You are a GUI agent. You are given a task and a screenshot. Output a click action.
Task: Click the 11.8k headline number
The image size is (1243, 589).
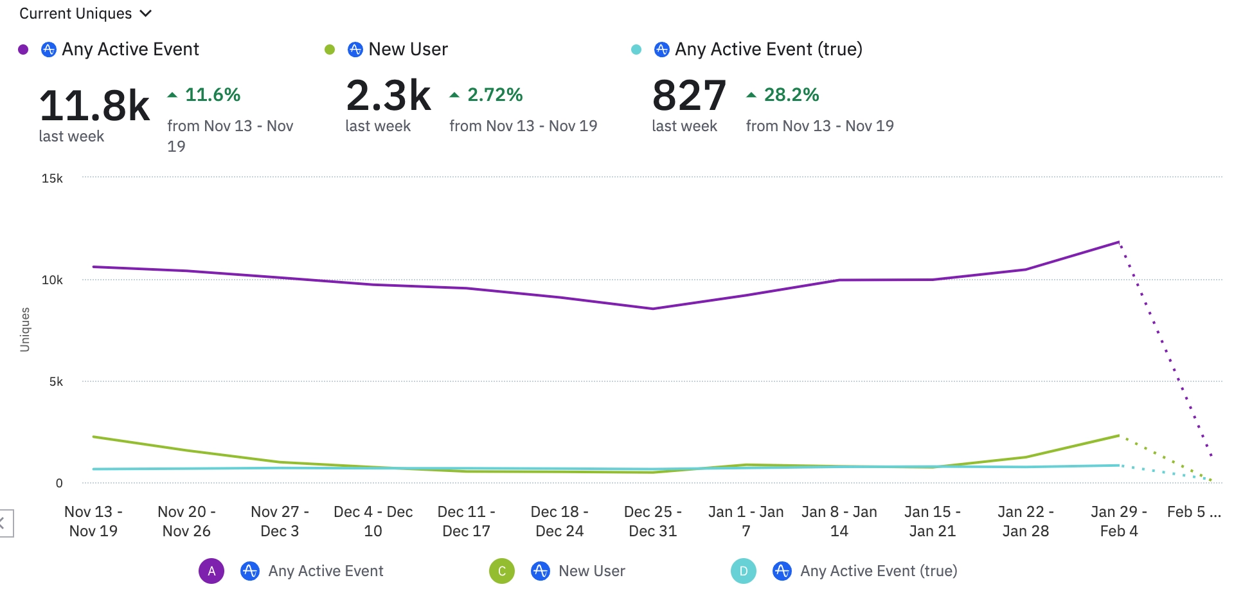(x=94, y=105)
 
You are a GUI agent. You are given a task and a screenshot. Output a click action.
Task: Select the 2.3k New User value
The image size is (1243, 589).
(x=388, y=95)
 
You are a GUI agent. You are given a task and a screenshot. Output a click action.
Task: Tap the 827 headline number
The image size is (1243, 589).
(x=689, y=95)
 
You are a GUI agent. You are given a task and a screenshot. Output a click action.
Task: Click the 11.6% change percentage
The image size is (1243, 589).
(x=212, y=95)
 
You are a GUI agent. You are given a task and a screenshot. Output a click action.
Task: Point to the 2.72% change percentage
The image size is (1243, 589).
(x=494, y=95)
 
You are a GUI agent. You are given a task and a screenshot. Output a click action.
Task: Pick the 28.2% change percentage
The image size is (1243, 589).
(x=791, y=95)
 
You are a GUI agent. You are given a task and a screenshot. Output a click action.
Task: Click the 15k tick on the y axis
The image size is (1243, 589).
(x=52, y=178)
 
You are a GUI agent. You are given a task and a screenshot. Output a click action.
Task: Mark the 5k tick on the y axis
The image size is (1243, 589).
(x=56, y=381)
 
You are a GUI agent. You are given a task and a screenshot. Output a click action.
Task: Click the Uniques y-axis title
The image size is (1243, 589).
(x=25, y=329)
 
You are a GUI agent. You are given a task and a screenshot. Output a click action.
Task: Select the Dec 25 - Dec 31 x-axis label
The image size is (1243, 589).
(x=652, y=521)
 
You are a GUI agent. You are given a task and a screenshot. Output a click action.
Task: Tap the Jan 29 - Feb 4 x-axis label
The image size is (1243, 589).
(x=1118, y=521)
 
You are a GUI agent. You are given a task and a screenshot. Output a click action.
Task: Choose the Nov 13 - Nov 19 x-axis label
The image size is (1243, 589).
(x=93, y=521)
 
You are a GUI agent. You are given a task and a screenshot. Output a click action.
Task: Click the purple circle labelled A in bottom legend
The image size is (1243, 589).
(x=211, y=571)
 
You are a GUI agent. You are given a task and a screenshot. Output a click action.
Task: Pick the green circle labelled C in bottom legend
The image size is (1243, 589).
(x=502, y=571)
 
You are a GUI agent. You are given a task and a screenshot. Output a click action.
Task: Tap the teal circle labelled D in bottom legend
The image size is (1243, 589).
(x=744, y=571)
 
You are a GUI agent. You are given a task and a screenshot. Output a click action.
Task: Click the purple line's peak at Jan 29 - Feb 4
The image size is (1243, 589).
(x=1118, y=242)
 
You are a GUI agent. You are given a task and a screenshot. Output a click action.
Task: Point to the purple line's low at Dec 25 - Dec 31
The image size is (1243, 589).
(x=652, y=309)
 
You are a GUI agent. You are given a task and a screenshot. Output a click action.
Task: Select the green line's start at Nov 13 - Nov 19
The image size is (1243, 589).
(x=94, y=437)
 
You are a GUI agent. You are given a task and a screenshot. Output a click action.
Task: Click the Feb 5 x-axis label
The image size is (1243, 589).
(x=1194, y=512)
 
